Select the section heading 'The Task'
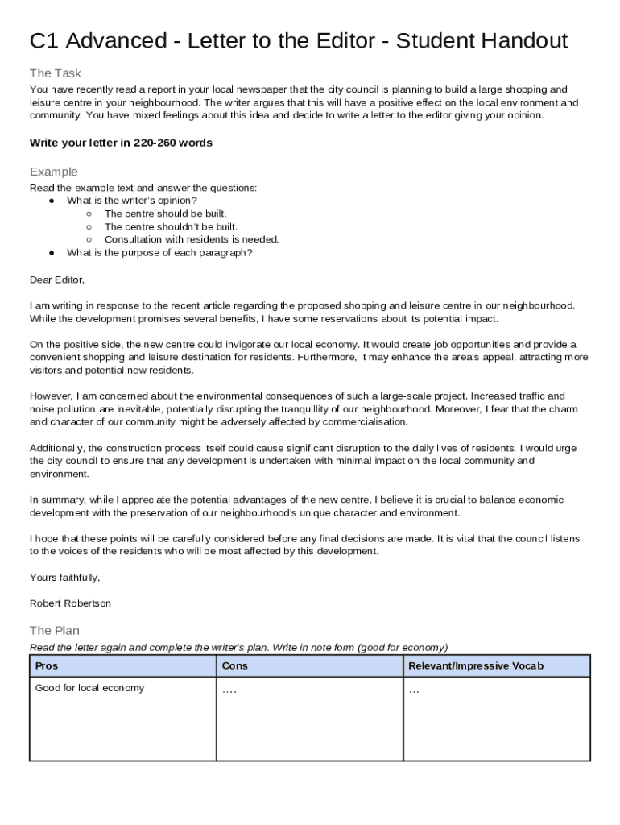55,73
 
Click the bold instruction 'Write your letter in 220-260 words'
121,143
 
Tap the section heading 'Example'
53,172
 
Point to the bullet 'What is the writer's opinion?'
131,201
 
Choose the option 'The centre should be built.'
165,214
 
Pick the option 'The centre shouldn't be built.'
171,226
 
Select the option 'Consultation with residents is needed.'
192,239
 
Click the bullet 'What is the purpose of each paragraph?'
159,252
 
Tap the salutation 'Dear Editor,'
56,280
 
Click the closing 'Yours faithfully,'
64,578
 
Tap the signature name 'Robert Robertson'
70,603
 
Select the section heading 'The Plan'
54,631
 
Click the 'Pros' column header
47,665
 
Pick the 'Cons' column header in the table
234,665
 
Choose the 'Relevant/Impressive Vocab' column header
476,665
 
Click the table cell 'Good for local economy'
89,688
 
